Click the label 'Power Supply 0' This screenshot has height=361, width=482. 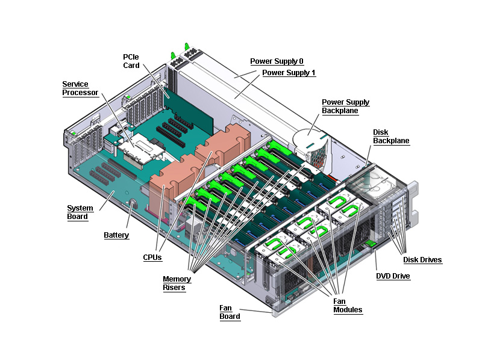tap(277, 61)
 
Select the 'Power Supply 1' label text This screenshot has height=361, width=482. tap(289, 73)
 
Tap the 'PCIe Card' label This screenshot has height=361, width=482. tap(131, 61)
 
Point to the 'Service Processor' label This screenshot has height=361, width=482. tap(75, 88)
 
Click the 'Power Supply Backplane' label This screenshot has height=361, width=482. tap(345, 106)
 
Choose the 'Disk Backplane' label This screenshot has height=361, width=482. tap(391, 137)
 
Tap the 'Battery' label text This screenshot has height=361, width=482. tap(116, 235)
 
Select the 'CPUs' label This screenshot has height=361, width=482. tap(152, 258)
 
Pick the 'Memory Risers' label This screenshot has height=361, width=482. tap(177, 283)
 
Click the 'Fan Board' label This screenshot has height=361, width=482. tap(230, 312)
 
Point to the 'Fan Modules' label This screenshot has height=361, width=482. tap(348, 306)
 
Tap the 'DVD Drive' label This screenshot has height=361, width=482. tap(393, 276)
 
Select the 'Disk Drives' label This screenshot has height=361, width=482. tap(422, 260)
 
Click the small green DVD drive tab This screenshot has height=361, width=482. tap(371, 244)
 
